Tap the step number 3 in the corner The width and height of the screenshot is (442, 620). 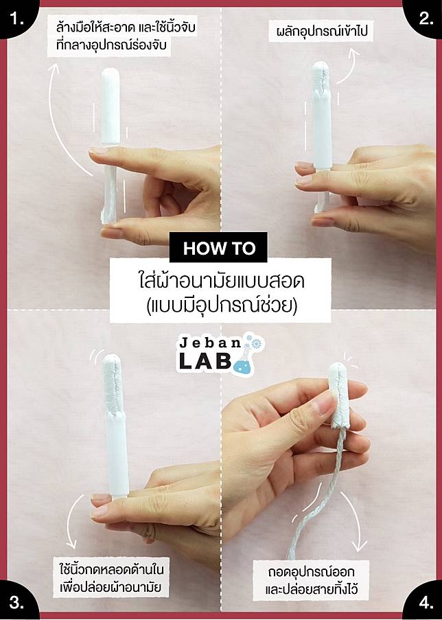click(16, 603)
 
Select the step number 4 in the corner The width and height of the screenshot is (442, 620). click(426, 603)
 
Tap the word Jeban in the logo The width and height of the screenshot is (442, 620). click(210, 343)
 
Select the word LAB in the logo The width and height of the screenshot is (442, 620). click(205, 361)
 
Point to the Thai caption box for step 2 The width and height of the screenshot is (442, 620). click(321, 31)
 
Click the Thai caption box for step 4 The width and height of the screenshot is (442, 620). click(312, 580)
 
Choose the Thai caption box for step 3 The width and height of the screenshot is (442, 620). click(110, 578)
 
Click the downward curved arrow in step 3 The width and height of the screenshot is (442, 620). click(71, 522)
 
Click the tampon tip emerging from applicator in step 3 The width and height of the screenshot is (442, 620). click(113, 384)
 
